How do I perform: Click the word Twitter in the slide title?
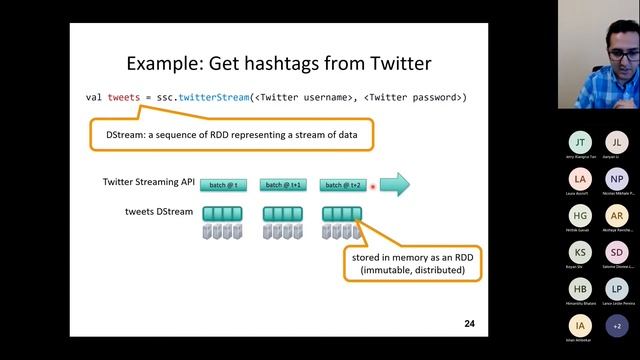click(391, 64)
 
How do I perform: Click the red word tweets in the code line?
click(124, 97)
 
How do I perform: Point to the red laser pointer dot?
click(373, 186)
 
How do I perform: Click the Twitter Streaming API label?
click(148, 182)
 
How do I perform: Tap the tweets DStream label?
click(159, 211)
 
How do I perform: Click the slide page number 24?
click(469, 324)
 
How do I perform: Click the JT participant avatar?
click(581, 142)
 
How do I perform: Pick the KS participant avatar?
click(581, 252)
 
